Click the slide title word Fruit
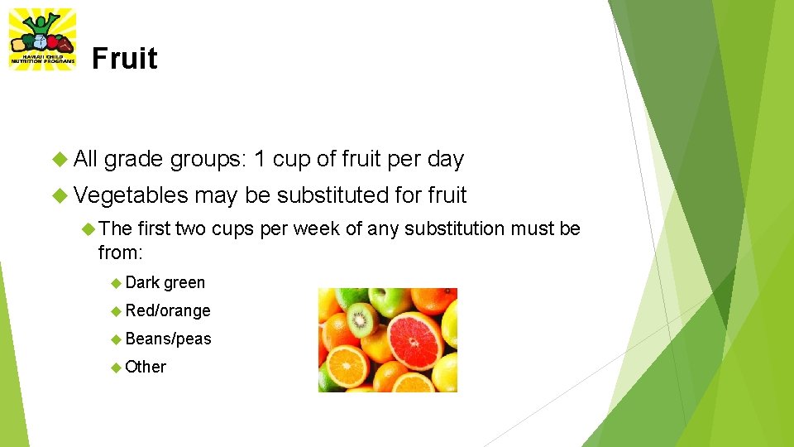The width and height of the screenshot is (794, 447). (124, 59)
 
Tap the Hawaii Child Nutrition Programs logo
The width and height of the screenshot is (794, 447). (41, 39)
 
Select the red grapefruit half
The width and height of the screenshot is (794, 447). (416, 340)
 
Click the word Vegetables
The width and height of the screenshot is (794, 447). (131, 195)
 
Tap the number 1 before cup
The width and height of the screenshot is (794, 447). (260, 159)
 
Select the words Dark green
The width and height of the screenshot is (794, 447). (165, 282)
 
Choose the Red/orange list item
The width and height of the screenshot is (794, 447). (167, 310)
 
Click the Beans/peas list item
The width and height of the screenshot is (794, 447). (168, 339)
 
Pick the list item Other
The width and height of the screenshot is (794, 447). (146, 367)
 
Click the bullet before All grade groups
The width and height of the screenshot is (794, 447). (58, 159)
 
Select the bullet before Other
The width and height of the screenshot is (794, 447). (116, 367)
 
